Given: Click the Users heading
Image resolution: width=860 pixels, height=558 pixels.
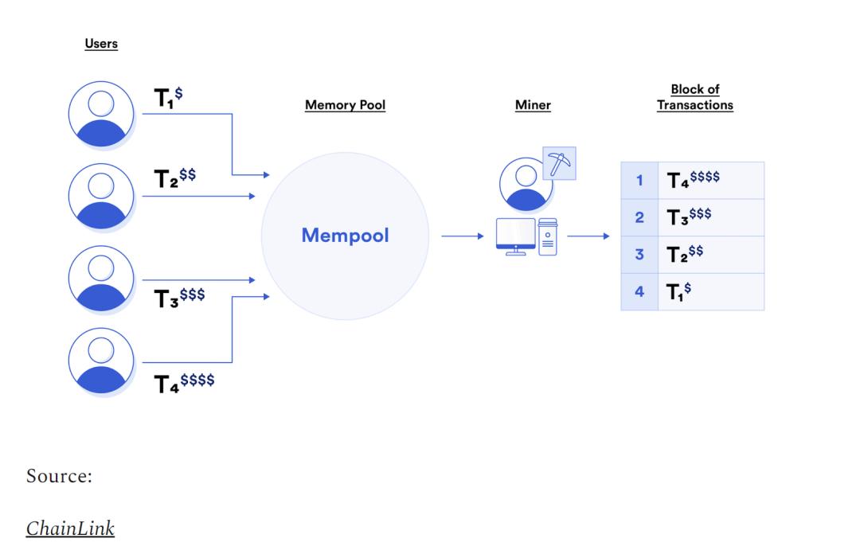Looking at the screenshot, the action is coord(101,43).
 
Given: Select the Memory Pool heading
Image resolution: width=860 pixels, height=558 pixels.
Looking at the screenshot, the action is coord(345,105).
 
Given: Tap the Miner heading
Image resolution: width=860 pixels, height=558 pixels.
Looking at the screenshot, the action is coord(533,105).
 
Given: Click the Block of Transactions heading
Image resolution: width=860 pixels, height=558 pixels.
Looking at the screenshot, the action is coord(695,97).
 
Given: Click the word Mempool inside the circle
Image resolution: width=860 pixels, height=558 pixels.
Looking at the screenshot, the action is coord(345,235).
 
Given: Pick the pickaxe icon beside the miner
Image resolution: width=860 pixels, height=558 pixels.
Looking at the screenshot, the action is coord(560,163).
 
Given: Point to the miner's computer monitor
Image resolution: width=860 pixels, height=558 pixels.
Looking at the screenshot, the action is coord(515,236).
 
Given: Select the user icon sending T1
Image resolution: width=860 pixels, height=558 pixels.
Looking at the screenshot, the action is coord(101,114).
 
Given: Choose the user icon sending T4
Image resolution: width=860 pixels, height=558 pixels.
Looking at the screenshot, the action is coord(101,361).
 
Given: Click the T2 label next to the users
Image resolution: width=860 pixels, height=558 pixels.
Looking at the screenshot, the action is coord(175,178).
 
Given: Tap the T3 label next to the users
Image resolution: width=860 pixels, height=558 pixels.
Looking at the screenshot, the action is coord(179,298).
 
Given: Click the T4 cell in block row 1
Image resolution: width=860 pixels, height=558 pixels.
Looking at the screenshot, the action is coord(711,181).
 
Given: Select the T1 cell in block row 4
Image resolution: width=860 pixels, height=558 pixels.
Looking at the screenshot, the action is coord(711,291).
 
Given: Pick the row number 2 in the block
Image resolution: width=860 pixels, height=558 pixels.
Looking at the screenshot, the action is coord(639,217).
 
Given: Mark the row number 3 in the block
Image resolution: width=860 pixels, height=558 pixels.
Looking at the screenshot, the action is coord(639,255).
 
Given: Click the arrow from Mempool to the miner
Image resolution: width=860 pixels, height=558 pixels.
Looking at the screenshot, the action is coord(463,236).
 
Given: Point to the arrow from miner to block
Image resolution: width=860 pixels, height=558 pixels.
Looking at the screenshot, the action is coord(588,236).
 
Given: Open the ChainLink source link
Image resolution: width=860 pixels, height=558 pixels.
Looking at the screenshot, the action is coord(70,529).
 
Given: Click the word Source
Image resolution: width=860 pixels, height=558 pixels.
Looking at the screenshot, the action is coord(59,476).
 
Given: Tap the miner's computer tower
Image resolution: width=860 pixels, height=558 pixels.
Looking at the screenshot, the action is coord(548,236).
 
